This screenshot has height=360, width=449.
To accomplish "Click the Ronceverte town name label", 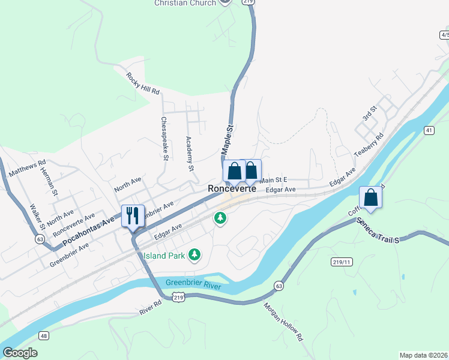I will [x=232, y=188].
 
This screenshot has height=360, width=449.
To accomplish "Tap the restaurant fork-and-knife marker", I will [x=132, y=215].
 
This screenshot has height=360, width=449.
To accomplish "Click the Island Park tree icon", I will [x=194, y=256].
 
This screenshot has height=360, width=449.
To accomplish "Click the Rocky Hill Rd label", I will [x=143, y=84].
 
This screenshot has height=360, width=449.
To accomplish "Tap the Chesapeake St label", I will [x=164, y=138].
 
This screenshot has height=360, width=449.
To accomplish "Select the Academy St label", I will [x=189, y=154].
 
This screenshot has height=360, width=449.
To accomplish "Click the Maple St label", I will [x=226, y=139].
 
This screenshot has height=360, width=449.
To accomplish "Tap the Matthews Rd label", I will [x=27, y=167].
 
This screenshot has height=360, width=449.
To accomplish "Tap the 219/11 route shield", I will [x=340, y=262].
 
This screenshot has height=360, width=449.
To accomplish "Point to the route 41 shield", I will [x=429, y=130].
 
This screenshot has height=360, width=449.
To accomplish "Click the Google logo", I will [x=20, y=353].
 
